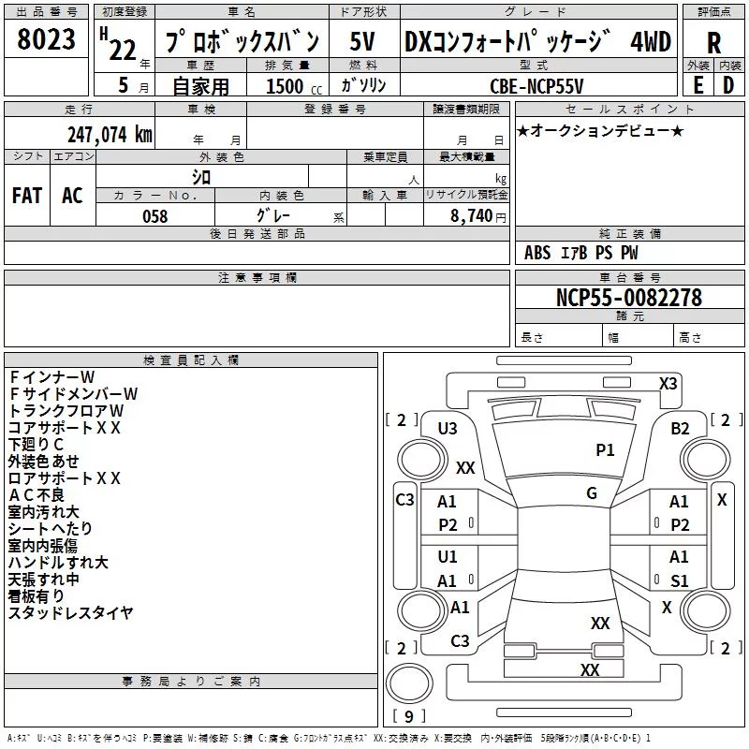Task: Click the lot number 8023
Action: coord(46,39)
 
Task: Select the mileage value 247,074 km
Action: coord(110,135)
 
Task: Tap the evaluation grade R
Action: coord(713,43)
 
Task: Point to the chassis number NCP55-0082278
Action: coord(629,298)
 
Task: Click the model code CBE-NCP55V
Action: coord(536,86)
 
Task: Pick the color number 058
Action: coord(154,216)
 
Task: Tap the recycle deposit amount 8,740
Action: coord(472,216)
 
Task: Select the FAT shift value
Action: coord(27,196)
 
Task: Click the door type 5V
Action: coord(362,41)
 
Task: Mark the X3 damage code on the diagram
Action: coord(668,384)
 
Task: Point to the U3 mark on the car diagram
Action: coord(448,429)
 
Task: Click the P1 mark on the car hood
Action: coord(605,450)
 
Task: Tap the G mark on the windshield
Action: coord(592,493)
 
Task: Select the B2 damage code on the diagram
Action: coord(680,429)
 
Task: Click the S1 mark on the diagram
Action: coord(680,580)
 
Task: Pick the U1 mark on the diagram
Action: coord(448,556)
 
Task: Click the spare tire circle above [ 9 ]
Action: coord(409,683)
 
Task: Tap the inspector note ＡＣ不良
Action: coord(37,495)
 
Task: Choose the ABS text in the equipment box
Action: coord(537,253)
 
